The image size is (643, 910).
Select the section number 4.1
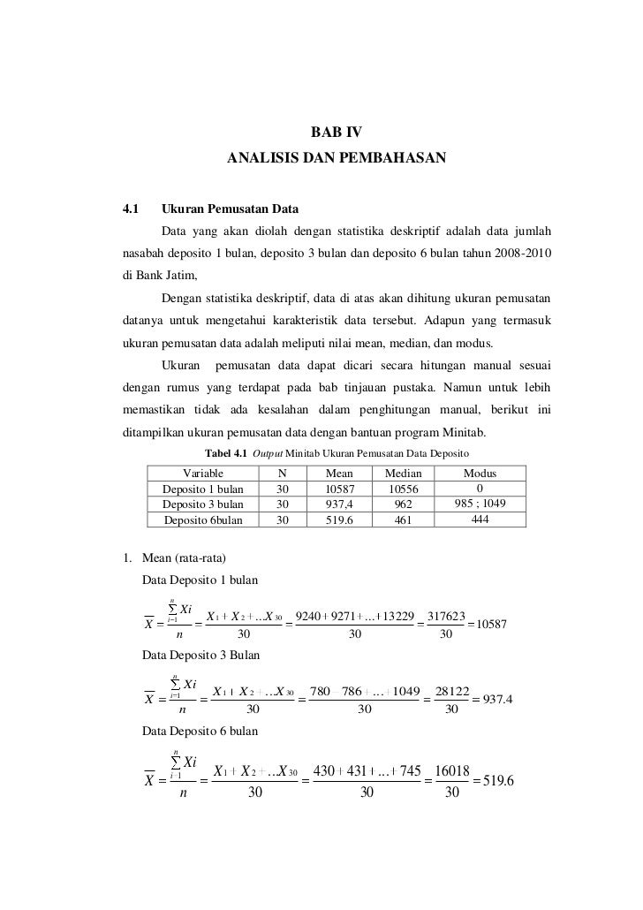(132, 210)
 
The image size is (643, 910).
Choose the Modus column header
(480, 474)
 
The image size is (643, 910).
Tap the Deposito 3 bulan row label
(203, 504)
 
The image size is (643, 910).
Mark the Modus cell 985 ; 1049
(480, 504)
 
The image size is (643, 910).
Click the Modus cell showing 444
(480, 519)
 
